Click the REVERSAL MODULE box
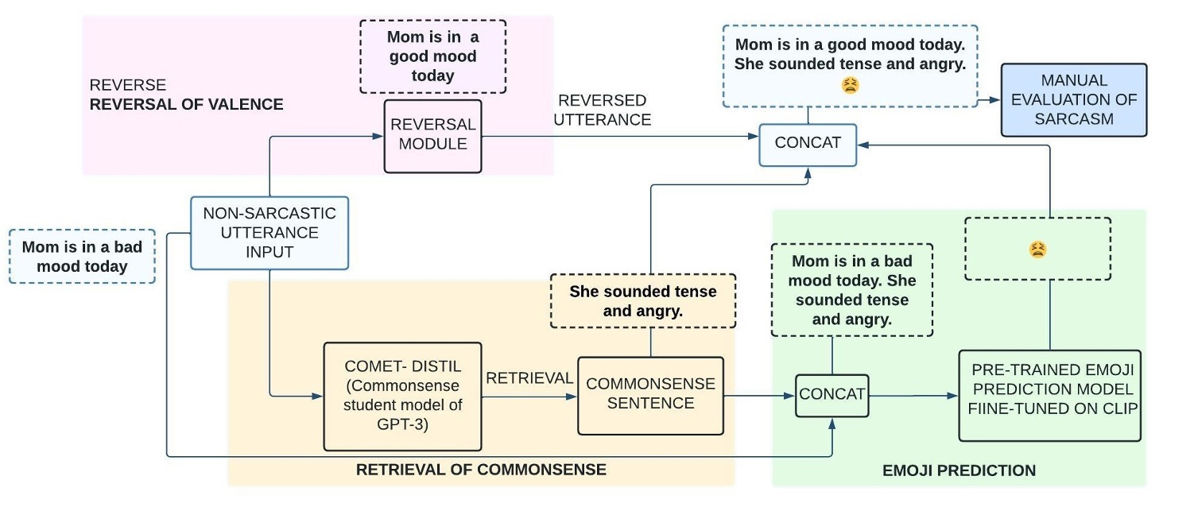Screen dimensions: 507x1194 (x=432, y=136)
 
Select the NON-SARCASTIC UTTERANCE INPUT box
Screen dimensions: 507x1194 (x=269, y=232)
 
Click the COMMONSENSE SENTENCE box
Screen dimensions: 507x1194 (x=650, y=395)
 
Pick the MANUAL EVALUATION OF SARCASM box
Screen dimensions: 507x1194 (x=1073, y=100)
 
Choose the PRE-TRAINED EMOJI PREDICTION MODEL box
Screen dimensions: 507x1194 (x=1049, y=395)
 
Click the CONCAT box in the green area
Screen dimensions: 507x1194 (x=832, y=395)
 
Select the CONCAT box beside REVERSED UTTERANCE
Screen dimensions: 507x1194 (x=808, y=145)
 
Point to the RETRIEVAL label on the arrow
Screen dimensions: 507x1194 (x=529, y=378)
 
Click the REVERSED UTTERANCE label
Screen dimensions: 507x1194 (x=602, y=110)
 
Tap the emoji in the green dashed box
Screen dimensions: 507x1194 (x=1037, y=250)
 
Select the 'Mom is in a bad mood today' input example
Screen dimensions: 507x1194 (x=82, y=256)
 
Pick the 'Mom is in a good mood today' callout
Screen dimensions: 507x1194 (x=432, y=56)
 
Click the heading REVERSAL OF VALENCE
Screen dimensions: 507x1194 (x=187, y=104)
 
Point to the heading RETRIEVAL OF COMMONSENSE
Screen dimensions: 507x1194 (x=480, y=470)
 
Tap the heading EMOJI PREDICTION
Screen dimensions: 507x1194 (x=959, y=470)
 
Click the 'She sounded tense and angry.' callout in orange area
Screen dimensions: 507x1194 (x=642, y=301)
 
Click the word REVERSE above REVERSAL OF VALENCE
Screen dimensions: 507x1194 (x=117, y=85)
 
